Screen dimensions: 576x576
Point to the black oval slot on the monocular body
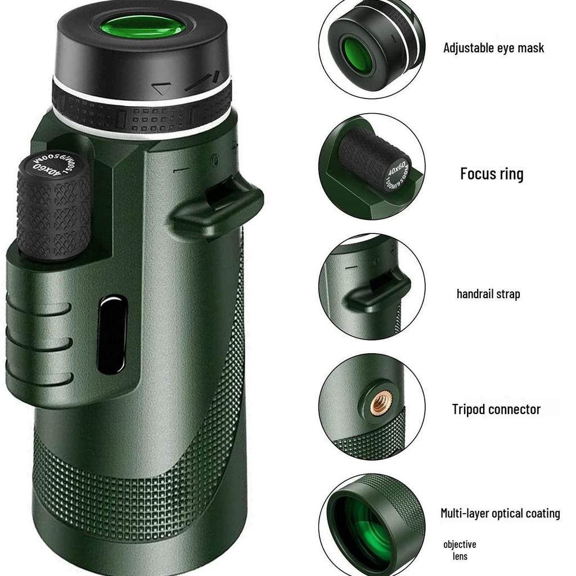[112, 336]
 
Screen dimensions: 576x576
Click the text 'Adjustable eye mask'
[493, 48]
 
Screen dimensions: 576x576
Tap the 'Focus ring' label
[492, 173]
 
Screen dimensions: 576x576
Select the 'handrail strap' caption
[488, 294]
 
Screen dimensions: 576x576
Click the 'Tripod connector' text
[496, 409]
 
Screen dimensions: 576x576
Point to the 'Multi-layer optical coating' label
[500, 513]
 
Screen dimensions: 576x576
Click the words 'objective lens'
[460, 550]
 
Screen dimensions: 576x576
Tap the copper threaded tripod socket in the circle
[379, 404]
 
